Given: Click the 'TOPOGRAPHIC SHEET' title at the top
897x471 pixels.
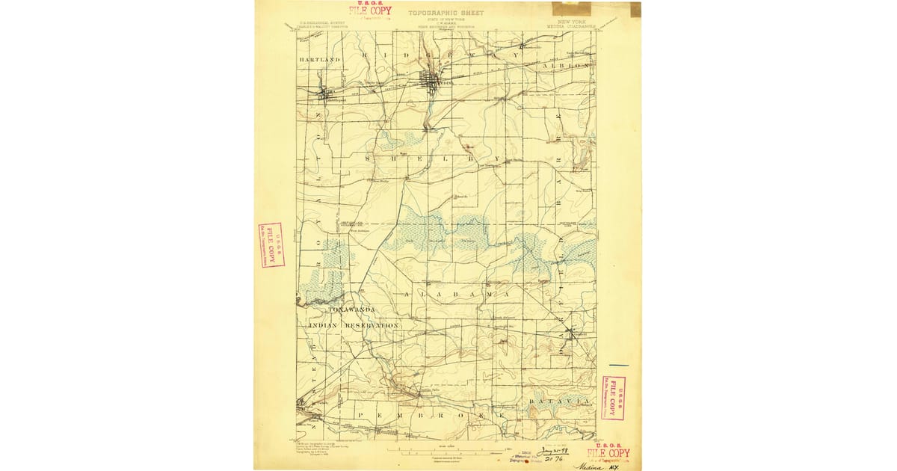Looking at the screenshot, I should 446,13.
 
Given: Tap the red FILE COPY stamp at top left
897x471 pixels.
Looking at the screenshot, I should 369,10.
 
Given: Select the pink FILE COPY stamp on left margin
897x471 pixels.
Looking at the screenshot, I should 271,244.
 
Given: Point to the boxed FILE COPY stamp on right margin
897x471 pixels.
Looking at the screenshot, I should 614,397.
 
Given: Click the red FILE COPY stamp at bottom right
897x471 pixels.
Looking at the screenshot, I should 608,453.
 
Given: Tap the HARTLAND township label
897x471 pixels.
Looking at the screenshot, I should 320,58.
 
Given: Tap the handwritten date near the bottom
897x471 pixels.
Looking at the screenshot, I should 554,452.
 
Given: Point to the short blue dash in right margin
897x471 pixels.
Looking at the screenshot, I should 619,366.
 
